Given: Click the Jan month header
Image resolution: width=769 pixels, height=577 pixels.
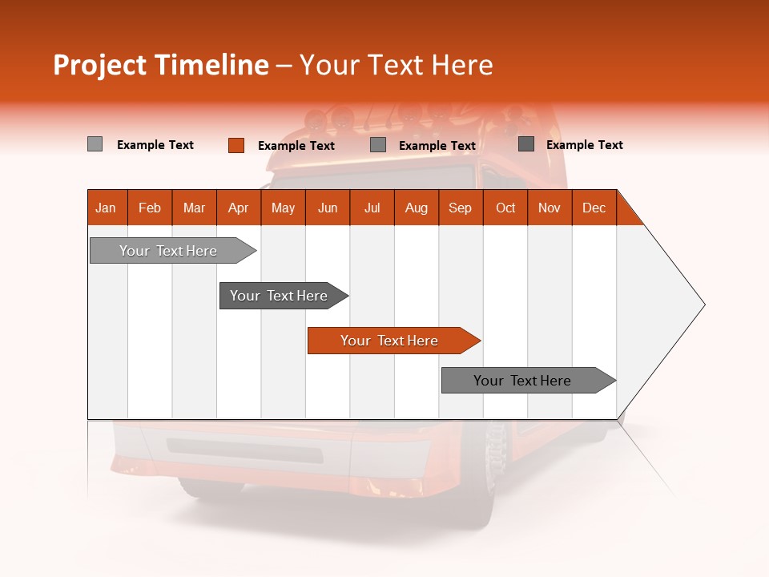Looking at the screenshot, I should [x=106, y=208].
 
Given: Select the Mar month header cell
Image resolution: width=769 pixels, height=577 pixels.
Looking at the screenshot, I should [x=194, y=208].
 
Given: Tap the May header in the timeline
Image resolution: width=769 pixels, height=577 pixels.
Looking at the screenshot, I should [x=283, y=208].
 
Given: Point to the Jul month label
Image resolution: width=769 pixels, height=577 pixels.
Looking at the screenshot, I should [x=372, y=208].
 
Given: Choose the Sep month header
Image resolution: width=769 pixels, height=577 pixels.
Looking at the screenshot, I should [x=460, y=208].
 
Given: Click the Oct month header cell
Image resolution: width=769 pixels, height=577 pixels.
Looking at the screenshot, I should [x=505, y=208].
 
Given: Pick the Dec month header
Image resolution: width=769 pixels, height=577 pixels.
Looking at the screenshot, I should [x=594, y=208].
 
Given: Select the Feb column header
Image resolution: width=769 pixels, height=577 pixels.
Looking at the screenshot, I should [x=150, y=208].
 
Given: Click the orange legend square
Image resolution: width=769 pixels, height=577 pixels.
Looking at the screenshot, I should [x=236, y=145].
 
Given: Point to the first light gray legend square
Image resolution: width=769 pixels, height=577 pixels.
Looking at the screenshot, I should [x=95, y=144].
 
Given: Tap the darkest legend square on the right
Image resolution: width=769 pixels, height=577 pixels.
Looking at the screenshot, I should [x=526, y=144].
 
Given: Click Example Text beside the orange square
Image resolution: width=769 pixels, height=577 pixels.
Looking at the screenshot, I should [x=296, y=146].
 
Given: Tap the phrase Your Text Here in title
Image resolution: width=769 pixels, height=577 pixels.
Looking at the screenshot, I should [x=396, y=65].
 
